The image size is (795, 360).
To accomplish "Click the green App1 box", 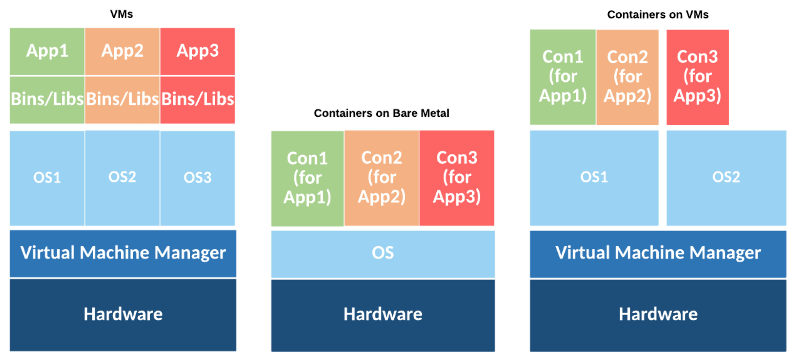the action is tap(47, 51).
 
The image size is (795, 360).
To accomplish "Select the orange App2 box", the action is tap(122, 51).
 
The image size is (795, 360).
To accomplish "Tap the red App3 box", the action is tap(198, 51).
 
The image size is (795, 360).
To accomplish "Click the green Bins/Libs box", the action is tap(47, 99).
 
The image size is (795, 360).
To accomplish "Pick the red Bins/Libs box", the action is tap(198, 99).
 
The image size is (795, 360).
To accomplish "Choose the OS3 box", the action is tap(198, 178).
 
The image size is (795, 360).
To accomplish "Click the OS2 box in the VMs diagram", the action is tap(122, 178).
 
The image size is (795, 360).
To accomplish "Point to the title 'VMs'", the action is tap(121, 14).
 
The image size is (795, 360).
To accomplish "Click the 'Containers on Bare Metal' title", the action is tap(381, 113).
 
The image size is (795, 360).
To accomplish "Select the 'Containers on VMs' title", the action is tap(658, 15).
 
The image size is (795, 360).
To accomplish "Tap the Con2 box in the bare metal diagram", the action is tap(381, 178).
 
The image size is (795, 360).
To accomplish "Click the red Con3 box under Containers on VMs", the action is tap(698, 77).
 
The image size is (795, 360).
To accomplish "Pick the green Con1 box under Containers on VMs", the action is tap(562, 77).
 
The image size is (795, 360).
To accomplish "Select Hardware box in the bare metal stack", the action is tap(383, 314).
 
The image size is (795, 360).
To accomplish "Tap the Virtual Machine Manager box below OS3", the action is tap(123, 253).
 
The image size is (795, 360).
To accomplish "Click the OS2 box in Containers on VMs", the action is tap(726, 178).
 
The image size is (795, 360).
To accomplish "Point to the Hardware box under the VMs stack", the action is tap(123, 314).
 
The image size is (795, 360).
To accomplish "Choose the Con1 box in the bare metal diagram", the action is tap(307, 178).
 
